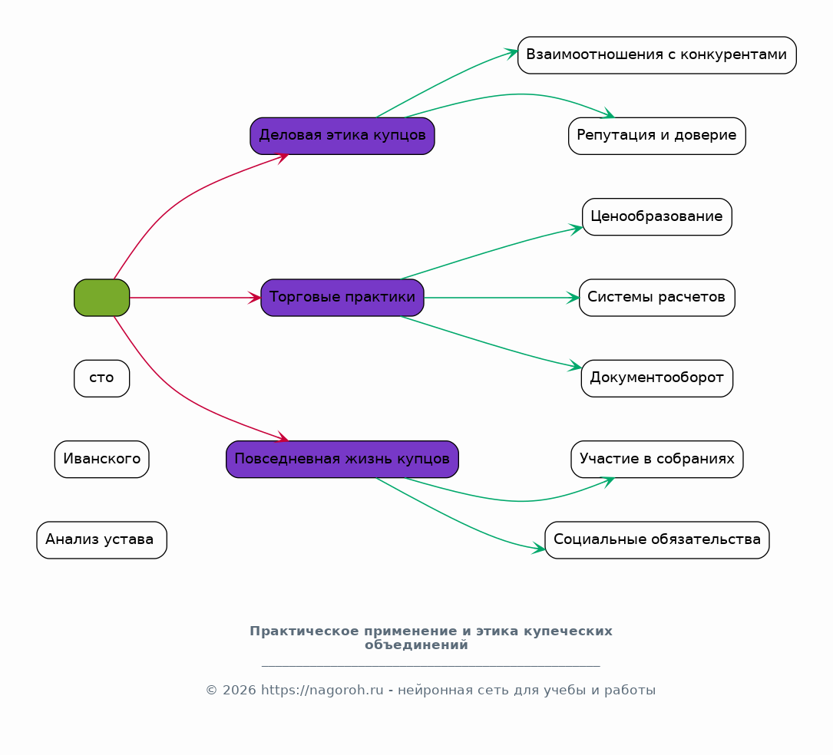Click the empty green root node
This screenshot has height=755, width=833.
tap(101, 298)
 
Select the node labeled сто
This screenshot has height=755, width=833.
tap(101, 378)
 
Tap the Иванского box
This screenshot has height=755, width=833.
tap(101, 460)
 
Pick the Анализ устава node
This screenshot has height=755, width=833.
tap(101, 540)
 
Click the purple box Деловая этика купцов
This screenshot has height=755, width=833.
tap(342, 136)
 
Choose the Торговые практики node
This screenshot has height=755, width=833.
tap(342, 298)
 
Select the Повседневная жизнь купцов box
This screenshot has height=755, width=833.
tap(342, 460)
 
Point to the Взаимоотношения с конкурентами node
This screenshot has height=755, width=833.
tap(656, 55)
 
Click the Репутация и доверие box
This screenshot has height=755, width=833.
tap(656, 136)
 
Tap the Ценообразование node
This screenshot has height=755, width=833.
tap(656, 216)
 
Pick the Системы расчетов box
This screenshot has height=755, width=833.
tap(656, 298)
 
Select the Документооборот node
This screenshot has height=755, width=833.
tap(656, 378)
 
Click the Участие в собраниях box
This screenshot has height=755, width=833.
tap(656, 460)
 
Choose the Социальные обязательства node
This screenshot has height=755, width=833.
tap(656, 540)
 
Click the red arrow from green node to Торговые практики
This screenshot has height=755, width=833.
tap(195, 298)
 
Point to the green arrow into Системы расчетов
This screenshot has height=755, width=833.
tap(501, 298)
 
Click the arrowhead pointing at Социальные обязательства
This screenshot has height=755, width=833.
tap(539, 549)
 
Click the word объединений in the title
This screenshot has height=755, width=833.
tap(416, 645)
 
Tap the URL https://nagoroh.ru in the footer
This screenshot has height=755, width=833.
tap(322, 691)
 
